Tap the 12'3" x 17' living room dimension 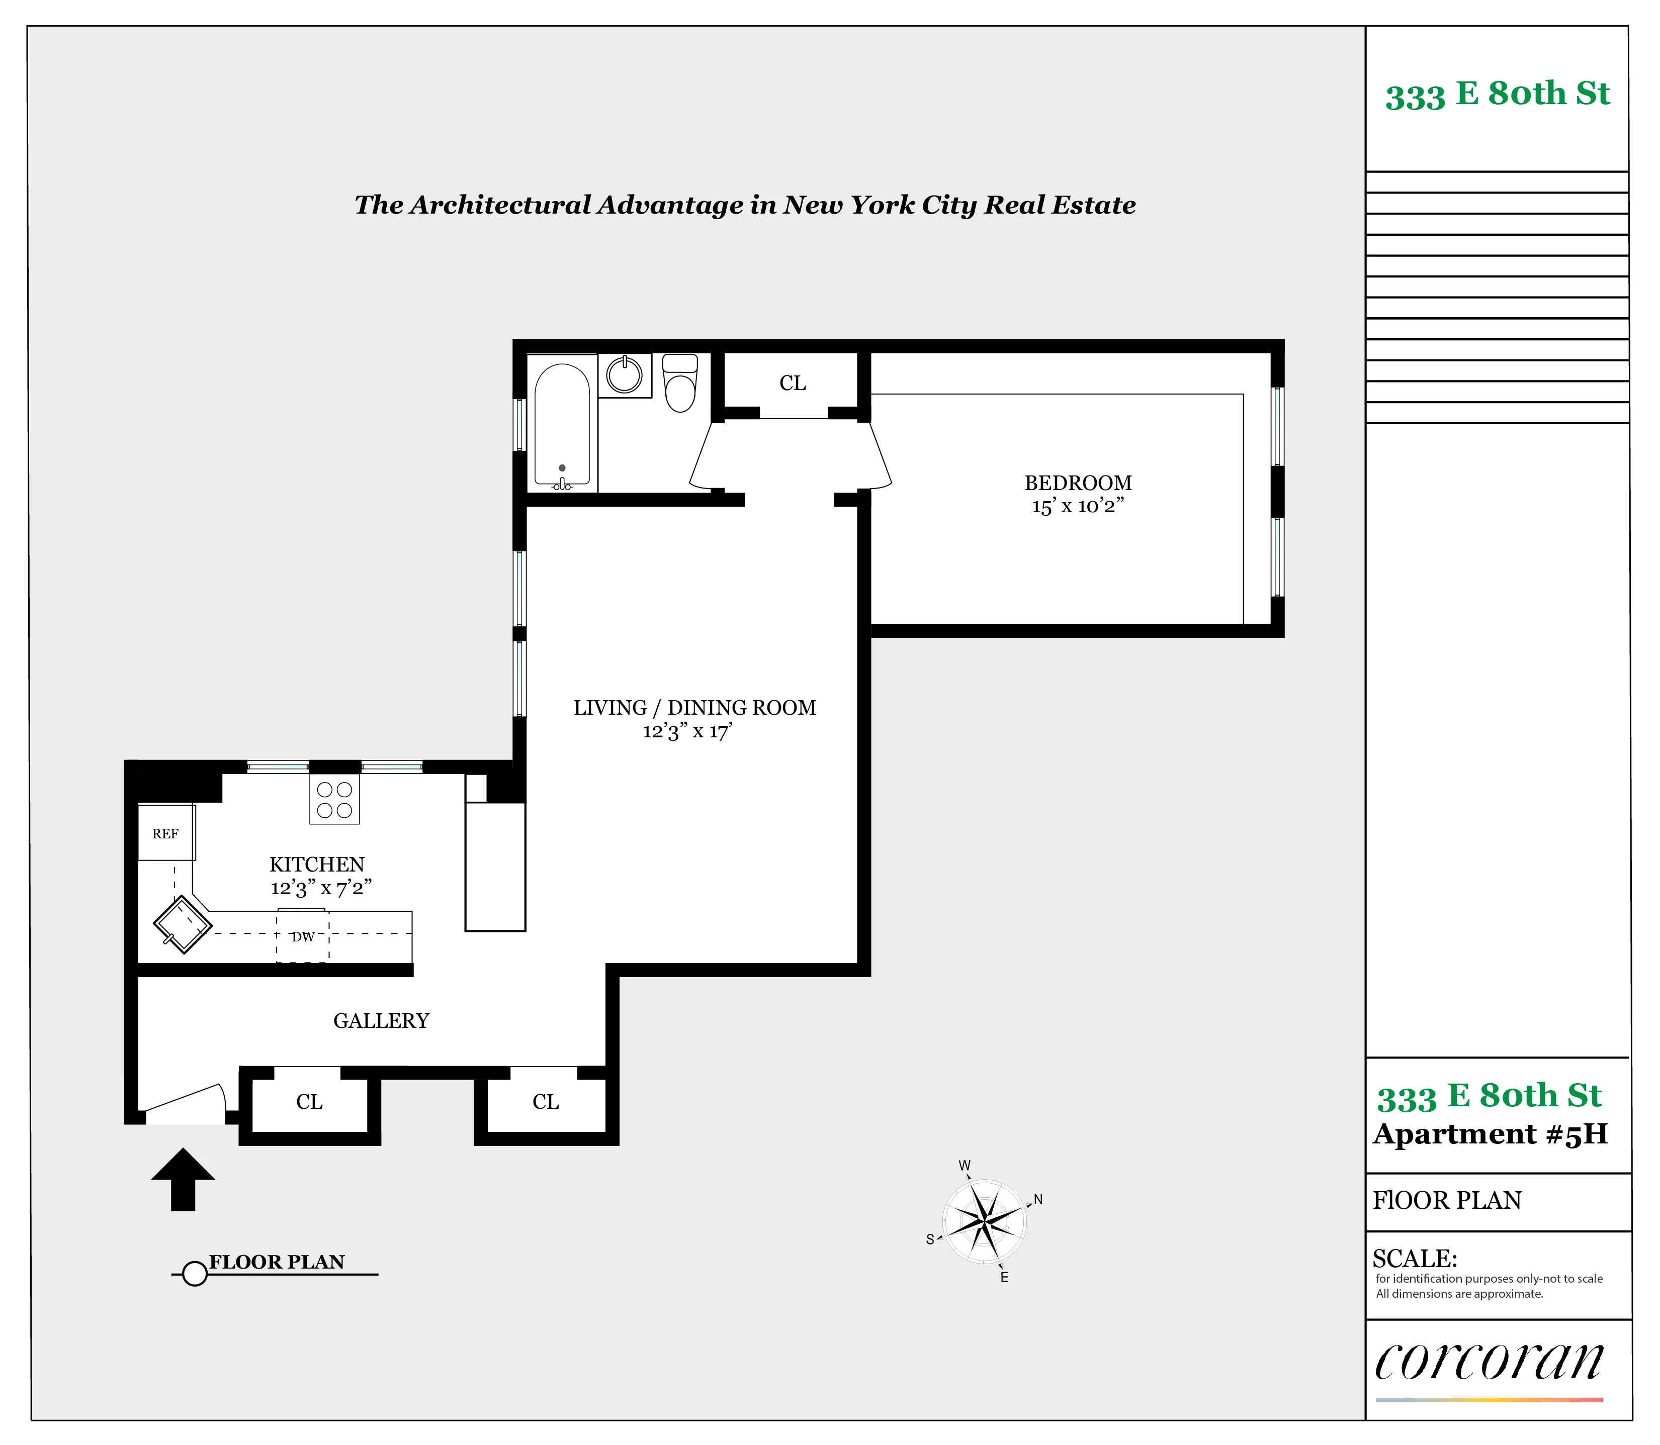point(686,731)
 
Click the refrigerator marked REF point(165,833)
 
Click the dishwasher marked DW point(302,937)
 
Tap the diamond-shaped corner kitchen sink point(183,924)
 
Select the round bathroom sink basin point(624,374)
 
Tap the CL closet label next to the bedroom point(792,383)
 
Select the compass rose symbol point(984,1221)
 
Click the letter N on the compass point(1038,1199)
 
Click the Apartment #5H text point(1490,1134)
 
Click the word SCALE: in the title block point(1414,1258)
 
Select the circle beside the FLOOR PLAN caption point(195,1274)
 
